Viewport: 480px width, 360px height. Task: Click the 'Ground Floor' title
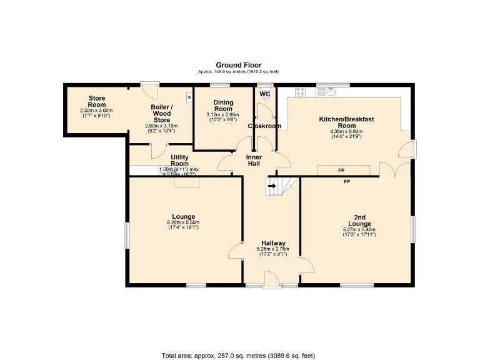[x=239, y=65]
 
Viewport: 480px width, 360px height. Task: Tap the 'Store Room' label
[x=96, y=101]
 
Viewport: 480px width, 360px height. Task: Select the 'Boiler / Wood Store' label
[x=161, y=113]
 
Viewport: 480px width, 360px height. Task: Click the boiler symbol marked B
[x=187, y=97]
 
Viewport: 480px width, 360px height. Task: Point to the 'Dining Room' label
[x=223, y=106]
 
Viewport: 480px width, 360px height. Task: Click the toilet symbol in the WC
[x=266, y=96]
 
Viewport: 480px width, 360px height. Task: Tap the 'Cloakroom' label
[x=264, y=126]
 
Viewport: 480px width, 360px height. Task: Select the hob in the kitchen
[x=300, y=91]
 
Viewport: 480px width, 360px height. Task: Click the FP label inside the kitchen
[x=341, y=170]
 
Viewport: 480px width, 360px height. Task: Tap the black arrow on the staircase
[x=272, y=185]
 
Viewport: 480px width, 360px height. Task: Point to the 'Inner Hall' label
[x=254, y=160]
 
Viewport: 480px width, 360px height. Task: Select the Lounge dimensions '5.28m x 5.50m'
[x=183, y=222]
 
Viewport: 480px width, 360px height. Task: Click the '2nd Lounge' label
[x=359, y=220]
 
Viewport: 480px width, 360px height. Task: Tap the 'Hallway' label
[x=273, y=243]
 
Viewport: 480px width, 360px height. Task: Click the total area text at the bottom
[x=238, y=356]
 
